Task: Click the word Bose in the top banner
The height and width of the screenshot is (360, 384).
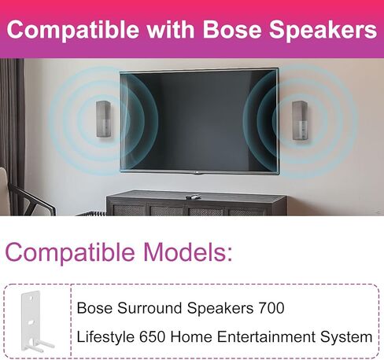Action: [x=232, y=28]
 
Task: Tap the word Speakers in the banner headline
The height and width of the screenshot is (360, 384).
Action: [x=323, y=30]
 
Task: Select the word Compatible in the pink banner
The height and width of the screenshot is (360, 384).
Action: [x=73, y=30]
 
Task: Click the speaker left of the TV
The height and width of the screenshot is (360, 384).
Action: [x=103, y=119]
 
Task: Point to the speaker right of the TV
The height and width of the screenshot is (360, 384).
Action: [x=300, y=120]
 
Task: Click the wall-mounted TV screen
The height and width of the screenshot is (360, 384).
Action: [x=199, y=120]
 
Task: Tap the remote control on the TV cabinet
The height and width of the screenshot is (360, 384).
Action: [x=193, y=197]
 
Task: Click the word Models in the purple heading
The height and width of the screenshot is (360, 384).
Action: [x=188, y=252]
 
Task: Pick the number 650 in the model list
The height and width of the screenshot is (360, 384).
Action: [x=152, y=336]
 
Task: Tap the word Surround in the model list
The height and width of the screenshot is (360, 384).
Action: [x=150, y=307]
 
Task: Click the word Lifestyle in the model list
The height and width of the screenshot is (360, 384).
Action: [x=105, y=336]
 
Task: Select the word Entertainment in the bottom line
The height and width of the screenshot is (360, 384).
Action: [x=266, y=336]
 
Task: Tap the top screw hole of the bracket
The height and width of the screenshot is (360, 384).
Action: [x=31, y=299]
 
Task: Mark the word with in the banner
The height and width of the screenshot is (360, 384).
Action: [x=171, y=28]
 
